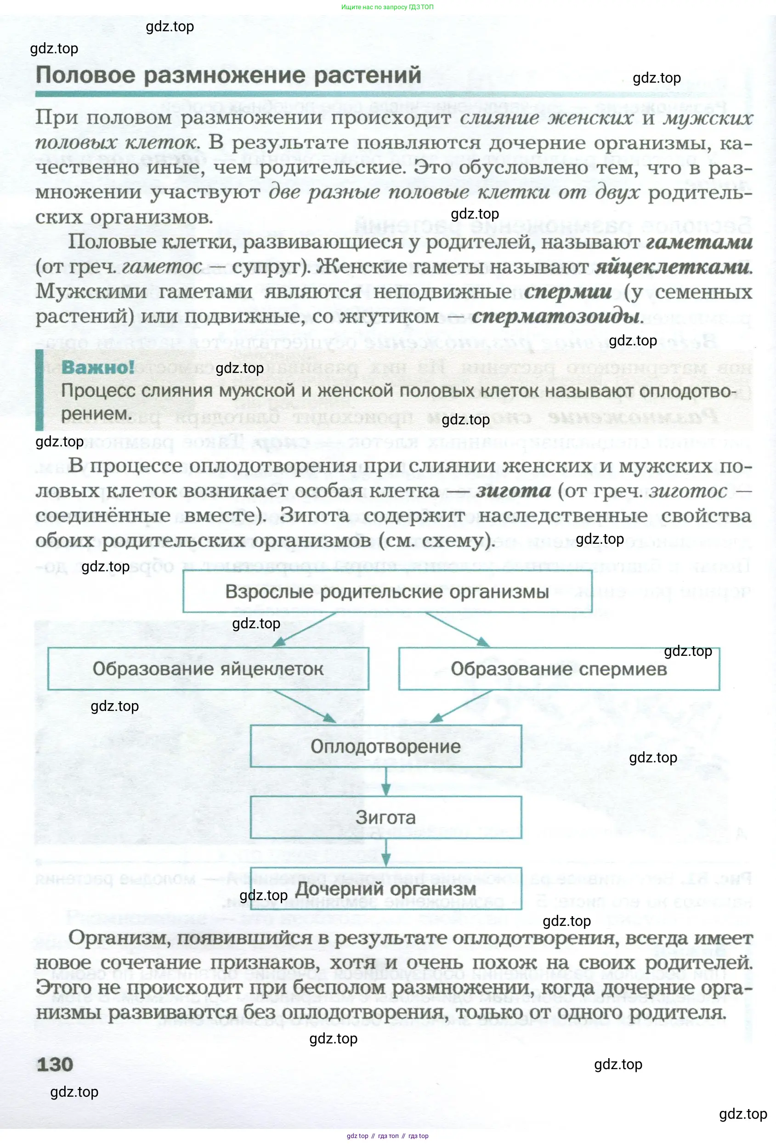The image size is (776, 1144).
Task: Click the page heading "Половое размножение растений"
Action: (228, 76)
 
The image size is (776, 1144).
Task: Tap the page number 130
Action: (55, 1064)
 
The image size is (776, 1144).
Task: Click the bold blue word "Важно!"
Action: (97, 367)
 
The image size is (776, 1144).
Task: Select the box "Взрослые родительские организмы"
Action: (387, 591)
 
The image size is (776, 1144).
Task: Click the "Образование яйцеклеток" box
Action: (208, 669)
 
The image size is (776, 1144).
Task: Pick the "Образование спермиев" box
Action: (559, 669)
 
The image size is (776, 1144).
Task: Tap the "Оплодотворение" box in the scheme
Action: (385, 746)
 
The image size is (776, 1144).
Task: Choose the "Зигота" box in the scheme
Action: (385, 817)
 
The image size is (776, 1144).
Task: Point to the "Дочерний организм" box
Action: (385, 889)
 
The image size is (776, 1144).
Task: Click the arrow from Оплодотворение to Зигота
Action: (386, 781)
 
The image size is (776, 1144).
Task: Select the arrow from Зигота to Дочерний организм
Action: (386, 852)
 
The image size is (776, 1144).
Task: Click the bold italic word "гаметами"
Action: (699, 242)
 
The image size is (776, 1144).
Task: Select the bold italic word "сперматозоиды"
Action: (557, 316)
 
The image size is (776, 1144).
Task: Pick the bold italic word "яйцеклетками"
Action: (673, 267)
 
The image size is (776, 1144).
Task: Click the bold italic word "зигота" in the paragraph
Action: (513, 491)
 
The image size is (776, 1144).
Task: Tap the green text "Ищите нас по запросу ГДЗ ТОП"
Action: (387, 7)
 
